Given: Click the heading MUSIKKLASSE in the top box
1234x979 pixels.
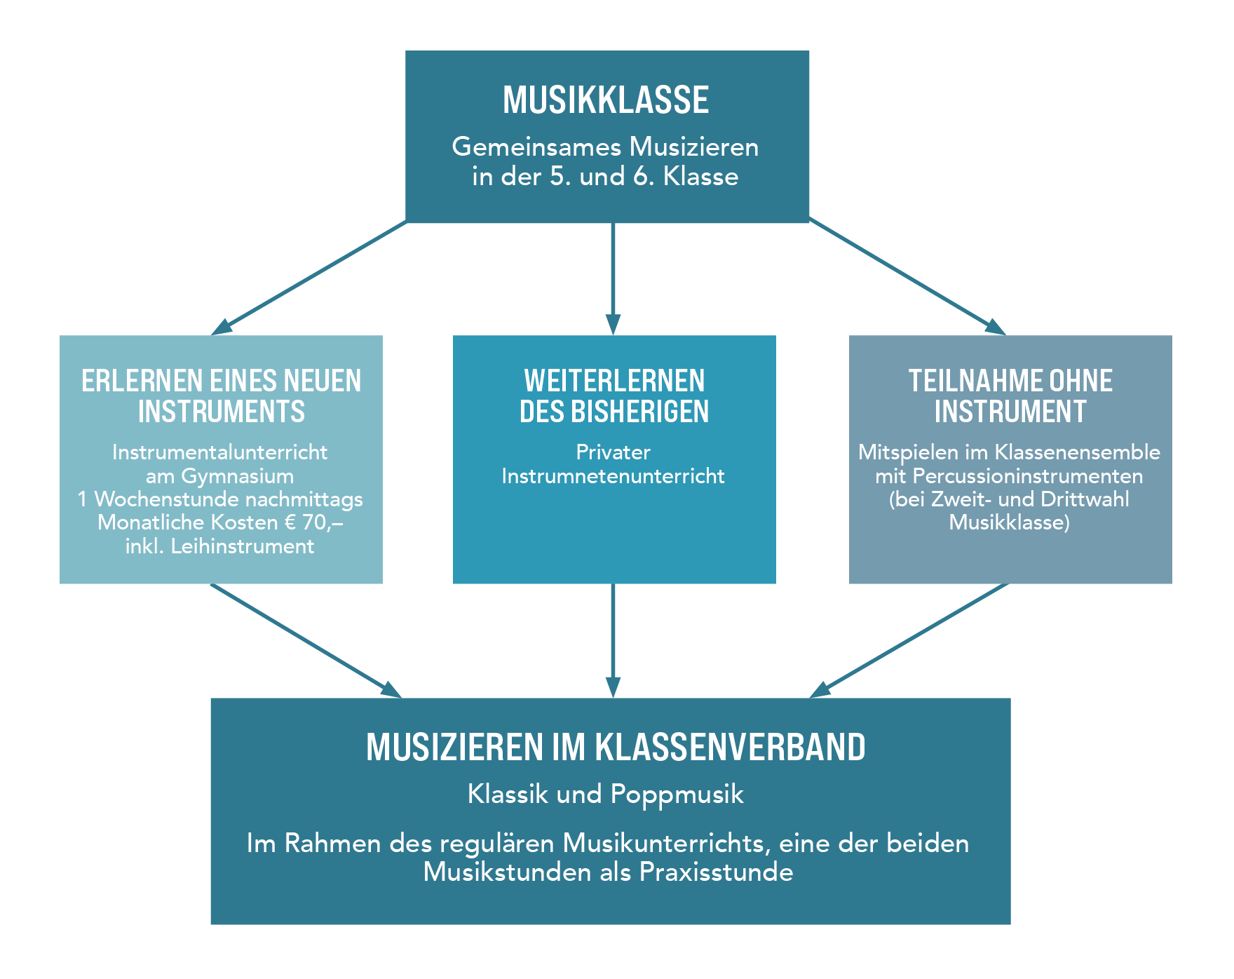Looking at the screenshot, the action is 606,100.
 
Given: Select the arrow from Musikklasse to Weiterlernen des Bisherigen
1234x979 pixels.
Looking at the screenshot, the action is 613,279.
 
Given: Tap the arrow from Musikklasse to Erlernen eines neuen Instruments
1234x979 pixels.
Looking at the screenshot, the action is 309,278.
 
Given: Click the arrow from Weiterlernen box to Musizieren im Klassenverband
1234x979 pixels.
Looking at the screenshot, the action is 613,641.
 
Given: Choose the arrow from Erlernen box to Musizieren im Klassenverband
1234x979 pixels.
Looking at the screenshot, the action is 306,641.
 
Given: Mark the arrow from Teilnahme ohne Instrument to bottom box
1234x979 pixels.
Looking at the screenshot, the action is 909,641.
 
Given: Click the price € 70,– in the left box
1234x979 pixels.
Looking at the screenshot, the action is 313,522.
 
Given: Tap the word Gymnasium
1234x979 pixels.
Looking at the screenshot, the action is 238,477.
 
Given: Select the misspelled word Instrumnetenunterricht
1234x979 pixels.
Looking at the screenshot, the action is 613,476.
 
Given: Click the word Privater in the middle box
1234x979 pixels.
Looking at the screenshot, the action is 613,452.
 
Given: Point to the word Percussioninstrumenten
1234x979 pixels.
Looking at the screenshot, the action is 1028,476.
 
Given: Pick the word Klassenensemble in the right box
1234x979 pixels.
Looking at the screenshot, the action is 1077,452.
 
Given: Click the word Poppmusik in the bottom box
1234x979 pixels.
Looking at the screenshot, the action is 677,795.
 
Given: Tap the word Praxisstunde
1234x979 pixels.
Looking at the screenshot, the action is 716,872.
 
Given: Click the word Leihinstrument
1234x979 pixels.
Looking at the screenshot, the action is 243,546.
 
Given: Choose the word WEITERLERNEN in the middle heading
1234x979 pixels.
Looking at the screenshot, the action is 614,382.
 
